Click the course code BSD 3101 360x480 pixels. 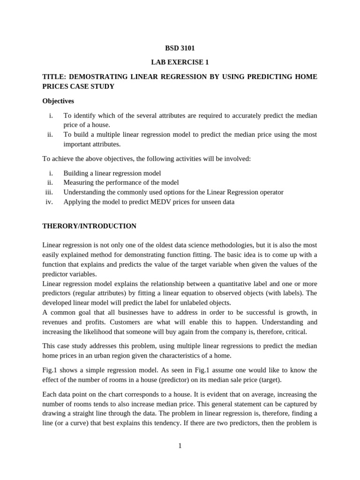coord(180,48)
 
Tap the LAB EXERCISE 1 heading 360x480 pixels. coord(180,62)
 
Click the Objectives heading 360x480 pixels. coord(58,101)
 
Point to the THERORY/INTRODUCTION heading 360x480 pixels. coord(89,226)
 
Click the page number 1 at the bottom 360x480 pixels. coord(180,446)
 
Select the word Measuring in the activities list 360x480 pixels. coord(79,182)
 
